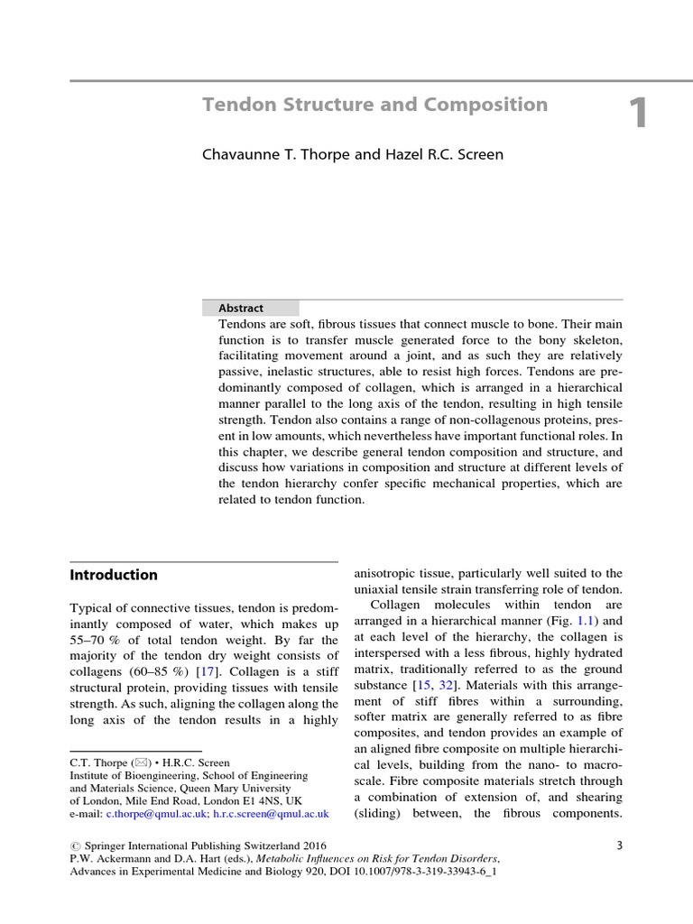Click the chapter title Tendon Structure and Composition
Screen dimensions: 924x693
click(x=374, y=105)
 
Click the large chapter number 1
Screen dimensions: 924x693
click(x=638, y=115)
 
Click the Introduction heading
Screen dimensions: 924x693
click(x=114, y=575)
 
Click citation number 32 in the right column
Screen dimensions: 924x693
click(x=446, y=686)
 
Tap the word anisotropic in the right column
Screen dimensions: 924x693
click(x=393, y=573)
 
